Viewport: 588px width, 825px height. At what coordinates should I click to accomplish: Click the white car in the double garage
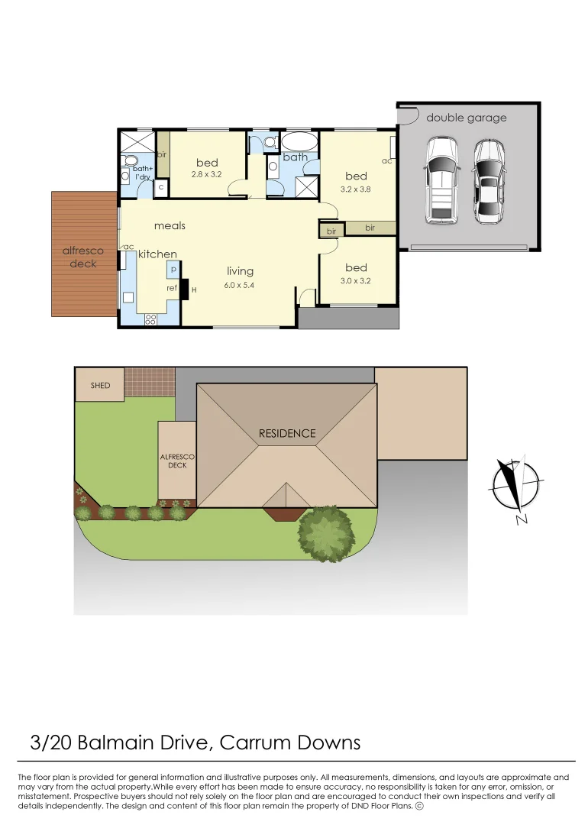441,180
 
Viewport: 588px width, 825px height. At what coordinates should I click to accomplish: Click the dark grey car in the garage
489,180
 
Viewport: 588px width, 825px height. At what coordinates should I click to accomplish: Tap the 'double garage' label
466,118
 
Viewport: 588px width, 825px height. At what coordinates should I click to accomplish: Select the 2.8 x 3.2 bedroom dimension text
206,174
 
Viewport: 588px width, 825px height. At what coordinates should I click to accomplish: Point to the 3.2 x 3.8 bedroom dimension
357,189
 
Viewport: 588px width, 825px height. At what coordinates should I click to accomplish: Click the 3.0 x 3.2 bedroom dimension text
356,280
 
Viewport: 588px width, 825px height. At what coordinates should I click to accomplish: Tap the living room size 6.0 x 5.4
240,284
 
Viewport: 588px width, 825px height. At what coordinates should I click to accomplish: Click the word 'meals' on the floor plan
170,225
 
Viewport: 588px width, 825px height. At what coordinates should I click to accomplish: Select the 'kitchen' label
157,254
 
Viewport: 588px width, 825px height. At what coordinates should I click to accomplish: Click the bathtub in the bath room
297,142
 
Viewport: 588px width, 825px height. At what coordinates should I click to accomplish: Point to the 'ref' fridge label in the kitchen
172,288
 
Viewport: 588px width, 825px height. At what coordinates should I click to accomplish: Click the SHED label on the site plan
100,386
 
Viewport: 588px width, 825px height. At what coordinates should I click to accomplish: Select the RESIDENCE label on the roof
286,433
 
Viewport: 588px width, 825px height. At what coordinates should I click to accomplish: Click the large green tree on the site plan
326,532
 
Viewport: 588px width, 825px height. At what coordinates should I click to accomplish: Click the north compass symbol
517,486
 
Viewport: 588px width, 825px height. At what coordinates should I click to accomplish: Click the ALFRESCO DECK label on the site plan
177,460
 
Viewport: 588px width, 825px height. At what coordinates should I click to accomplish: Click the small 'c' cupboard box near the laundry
161,187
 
